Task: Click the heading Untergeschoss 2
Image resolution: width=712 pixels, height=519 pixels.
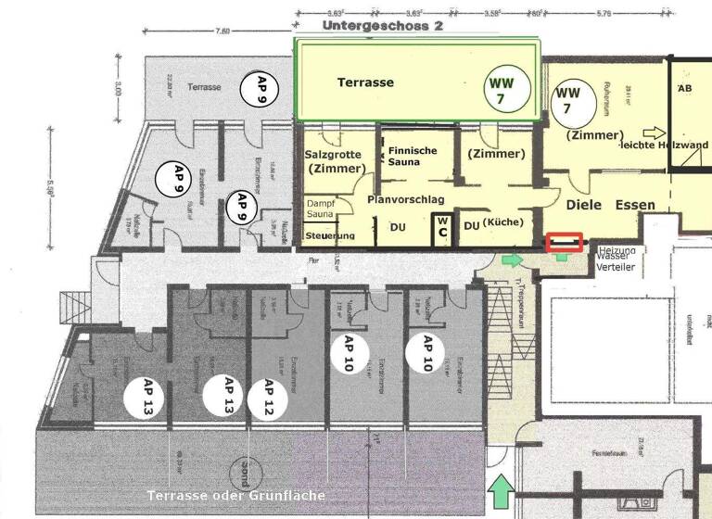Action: [x=383, y=26]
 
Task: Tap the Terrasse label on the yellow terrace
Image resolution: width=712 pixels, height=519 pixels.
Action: [x=365, y=82]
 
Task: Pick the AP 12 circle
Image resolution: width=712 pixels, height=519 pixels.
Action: [x=269, y=398]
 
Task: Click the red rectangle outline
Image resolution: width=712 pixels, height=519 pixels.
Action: [x=565, y=243]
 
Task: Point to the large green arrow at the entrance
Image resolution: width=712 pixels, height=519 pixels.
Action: [x=500, y=492]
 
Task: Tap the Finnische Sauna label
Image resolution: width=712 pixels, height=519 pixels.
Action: [x=413, y=156]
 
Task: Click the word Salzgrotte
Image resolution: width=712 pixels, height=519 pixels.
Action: [x=332, y=155]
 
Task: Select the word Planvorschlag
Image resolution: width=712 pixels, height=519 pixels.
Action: [x=406, y=199]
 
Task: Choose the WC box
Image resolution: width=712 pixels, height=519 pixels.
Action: [x=442, y=226]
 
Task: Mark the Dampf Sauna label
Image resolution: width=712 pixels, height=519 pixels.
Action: [x=320, y=209]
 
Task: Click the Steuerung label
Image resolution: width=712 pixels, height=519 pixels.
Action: [x=329, y=236]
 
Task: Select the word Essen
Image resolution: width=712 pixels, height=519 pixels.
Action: [x=634, y=205]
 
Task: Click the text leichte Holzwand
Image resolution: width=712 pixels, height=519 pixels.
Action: [x=665, y=145]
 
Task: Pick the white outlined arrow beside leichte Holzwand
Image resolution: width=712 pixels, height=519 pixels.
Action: [x=655, y=133]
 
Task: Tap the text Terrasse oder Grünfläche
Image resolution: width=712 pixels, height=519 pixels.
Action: [x=235, y=496]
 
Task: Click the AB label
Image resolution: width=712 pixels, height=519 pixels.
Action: [x=685, y=88]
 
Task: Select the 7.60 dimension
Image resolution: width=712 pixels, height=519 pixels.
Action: [x=222, y=31]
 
